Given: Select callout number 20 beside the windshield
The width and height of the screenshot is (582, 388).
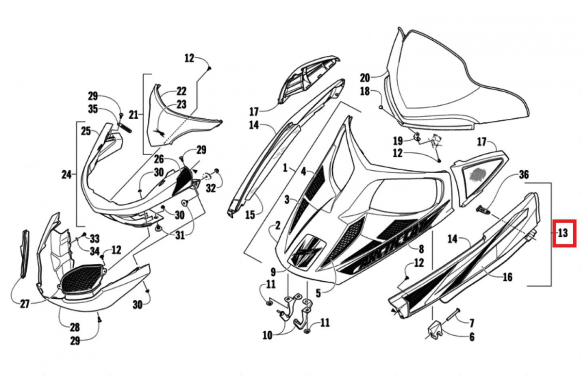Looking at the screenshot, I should tap(365, 78).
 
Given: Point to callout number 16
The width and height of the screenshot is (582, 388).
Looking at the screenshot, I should tap(507, 277).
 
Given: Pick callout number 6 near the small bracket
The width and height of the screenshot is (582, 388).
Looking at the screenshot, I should tap(471, 337).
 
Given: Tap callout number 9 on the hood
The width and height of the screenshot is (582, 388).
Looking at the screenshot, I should tap(273, 272).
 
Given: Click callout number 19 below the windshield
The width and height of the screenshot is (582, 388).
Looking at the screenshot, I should tap(398, 141).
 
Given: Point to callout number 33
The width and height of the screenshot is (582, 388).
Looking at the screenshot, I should tap(94, 238).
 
